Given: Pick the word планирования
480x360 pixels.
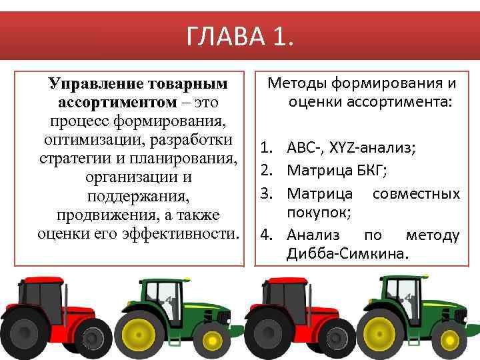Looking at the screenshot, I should tap(181, 160).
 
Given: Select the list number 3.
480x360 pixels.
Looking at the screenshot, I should tap(265, 194).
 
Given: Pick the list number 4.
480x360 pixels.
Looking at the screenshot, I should tap(265, 235).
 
